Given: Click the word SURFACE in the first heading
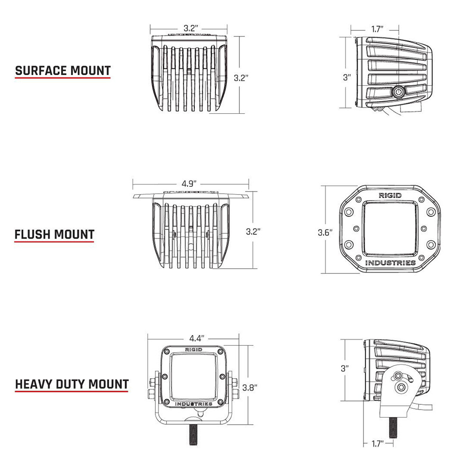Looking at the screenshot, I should coord(41,71).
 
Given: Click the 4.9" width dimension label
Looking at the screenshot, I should coord(189,183).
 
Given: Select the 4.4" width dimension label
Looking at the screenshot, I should coord(196,338).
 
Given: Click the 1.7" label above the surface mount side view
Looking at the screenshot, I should coord(377,29).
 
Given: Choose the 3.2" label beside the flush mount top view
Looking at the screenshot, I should coord(253,231).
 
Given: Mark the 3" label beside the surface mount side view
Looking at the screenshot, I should coord(347,77).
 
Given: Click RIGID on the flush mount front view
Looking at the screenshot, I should coord(390,195).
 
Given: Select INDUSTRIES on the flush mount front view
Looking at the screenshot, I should coord(390,263).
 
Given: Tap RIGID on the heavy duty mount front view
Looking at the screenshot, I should coord(193,349).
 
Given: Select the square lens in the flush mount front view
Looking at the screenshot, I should coord(390,228).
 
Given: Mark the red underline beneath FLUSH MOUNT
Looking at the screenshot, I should coord(55,242).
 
